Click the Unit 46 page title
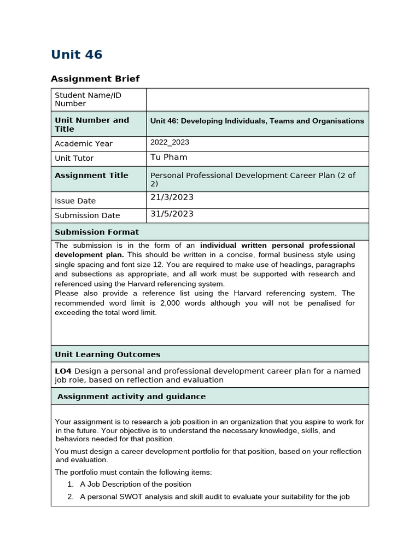click(77, 55)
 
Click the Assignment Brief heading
click(95, 79)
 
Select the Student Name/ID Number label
click(88, 100)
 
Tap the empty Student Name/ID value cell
click(257, 100)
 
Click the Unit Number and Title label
click(92, 125)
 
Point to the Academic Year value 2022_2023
click(170, 142)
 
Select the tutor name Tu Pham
click(168, 157)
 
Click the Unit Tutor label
click(74, 159)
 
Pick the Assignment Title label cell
click(91, 176)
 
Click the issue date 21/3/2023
click(172, 197)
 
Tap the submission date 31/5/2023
click(172, 214)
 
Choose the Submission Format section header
click(97, 232)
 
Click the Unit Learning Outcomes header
click(108, 354)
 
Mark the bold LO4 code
click(63, 371)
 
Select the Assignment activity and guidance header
click(131, 396)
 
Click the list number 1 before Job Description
click(70, 485)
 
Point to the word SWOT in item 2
click(127, 497)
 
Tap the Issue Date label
click(75, 201)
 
